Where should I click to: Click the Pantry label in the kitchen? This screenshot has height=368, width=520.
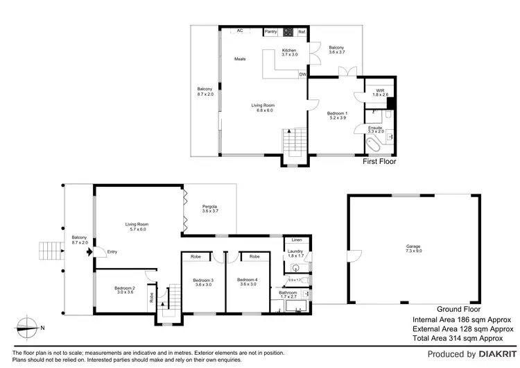pos(270,32)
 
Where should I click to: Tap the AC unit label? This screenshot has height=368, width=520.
pos(240,31)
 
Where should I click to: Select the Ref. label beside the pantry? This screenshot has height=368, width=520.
pos(302,32)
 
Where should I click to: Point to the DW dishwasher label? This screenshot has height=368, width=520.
pos(302,74)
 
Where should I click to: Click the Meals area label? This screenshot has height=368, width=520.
pos(240,59)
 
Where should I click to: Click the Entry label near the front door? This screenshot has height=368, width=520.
pos(112,252)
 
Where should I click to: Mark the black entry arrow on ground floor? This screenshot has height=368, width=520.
pos(89,252)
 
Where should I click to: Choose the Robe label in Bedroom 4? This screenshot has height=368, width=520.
pos(254,256)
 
